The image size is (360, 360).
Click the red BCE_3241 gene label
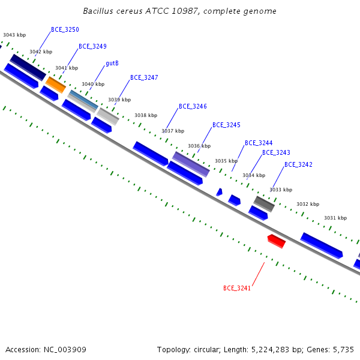(237, 288)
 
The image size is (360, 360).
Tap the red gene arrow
(277, 241)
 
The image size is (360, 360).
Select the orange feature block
(56, 85)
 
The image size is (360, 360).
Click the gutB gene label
(112, 63)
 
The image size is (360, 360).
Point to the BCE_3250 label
(65, 29)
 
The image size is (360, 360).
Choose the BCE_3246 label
(193, 106)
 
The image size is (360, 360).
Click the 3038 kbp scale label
(146, 115)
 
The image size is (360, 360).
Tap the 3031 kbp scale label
(335, 218)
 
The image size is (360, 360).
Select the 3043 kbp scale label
(14, 35)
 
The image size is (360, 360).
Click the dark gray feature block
(264, 204)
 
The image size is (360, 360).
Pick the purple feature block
(191, 164)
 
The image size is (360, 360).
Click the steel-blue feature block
(84, 100)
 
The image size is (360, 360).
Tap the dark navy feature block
(28, 67)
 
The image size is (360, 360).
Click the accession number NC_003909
(65, 350)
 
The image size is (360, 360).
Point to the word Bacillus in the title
(98, 11)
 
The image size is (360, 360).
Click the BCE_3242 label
(298, 164)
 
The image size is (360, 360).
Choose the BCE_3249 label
(92, 46)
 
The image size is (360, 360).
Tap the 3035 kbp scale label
(226, 161)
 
